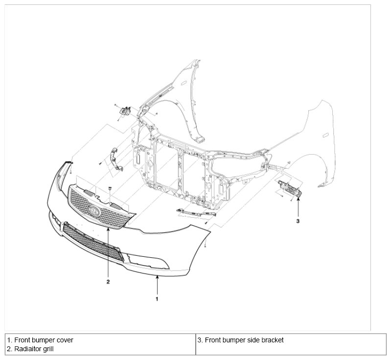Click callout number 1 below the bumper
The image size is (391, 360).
(157, 299)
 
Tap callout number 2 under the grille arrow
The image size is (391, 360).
(108, 282)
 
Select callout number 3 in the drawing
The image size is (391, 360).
(298, 221)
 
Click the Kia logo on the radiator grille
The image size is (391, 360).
(94, 211)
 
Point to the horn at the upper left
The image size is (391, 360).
(125, 111)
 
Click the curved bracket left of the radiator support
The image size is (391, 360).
(116, 159)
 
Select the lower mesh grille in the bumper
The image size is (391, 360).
(93, 241)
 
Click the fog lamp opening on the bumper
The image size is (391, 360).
(149, 262)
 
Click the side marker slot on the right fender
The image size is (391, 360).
(325, 135)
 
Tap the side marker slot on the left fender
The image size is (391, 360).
(184, 83)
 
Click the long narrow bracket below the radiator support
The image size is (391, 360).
(196, 212)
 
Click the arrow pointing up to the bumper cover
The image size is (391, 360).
(157, 285)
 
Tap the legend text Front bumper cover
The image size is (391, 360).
(44, 340)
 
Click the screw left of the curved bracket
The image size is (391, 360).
(100, 163)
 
